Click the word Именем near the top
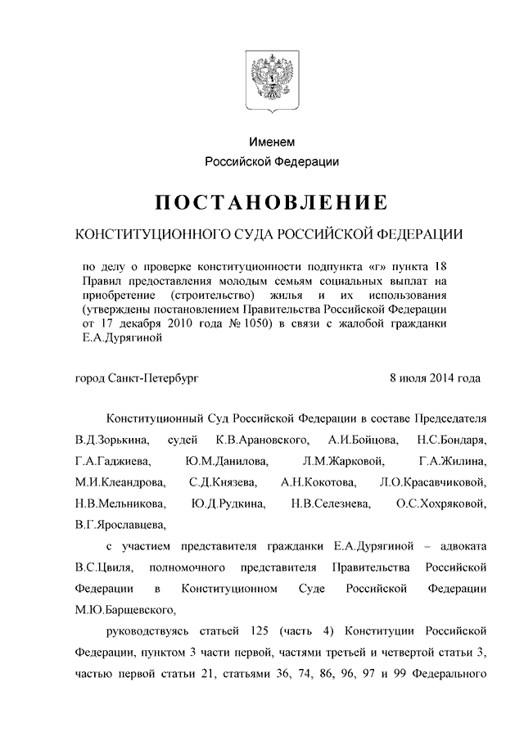tap(272, 142)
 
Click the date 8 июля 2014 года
tap(436, 378)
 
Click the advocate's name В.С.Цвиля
tap(101, 567)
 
